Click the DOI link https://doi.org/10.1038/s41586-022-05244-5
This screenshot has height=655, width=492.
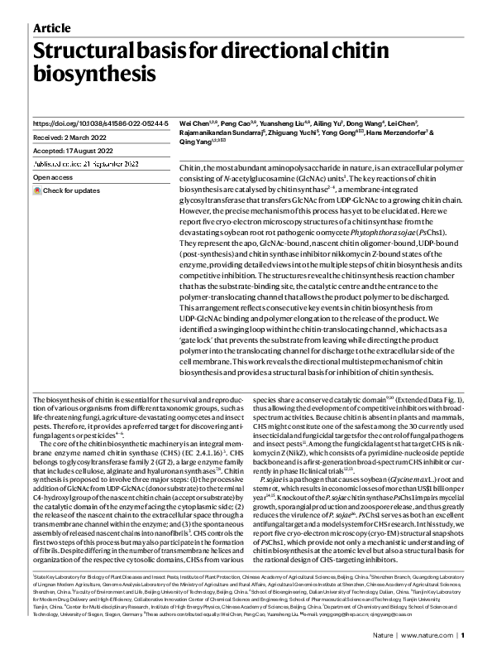(100, 123)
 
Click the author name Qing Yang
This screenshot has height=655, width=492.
(197, 142)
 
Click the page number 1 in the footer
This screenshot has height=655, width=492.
(464, 636)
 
